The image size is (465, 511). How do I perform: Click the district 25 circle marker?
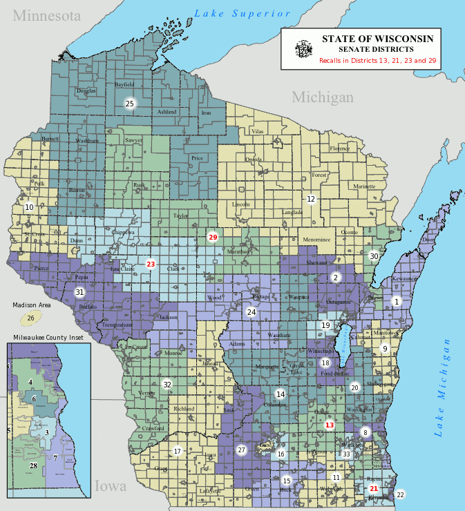pos(129,104)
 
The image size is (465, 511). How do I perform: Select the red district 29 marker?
pos(213,237)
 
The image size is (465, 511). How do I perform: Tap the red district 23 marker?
pos(151,264)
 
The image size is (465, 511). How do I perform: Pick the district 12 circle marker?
pos(311,199)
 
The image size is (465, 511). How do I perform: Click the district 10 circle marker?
pos(29,207)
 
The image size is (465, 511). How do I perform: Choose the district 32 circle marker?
pos(167,384)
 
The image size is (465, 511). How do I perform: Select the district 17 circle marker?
pos(177,452)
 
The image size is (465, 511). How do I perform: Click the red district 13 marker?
pos(330,425)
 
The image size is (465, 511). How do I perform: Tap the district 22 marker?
pos(400,494)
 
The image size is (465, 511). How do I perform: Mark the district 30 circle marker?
pos(374,256)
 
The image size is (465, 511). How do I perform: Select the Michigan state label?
pos(322,97)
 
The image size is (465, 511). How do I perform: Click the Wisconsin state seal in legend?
pos(303,49)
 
